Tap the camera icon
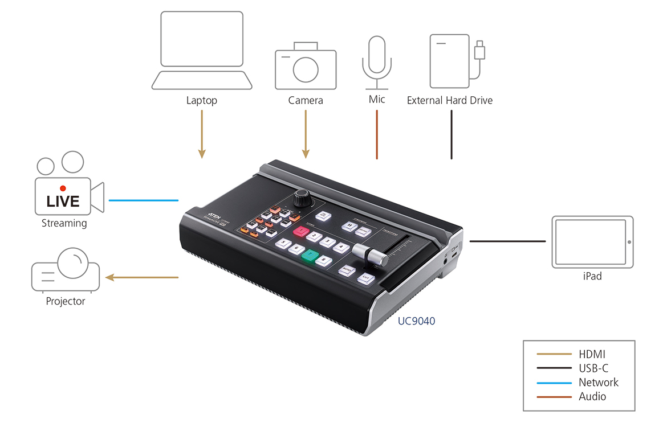point(306,66)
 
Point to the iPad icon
point(592,242)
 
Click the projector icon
point(66,270)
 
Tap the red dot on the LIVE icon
point(63,188)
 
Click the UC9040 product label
point(416,321)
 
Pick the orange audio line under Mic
point(377,134)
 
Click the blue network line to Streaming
point(144,200)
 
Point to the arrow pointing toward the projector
point(143,278)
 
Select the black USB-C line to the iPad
point(507,241)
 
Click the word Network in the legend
point(598,383)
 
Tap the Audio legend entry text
point(592,397)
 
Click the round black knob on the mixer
point(302,199)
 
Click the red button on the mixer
point(300,231)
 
